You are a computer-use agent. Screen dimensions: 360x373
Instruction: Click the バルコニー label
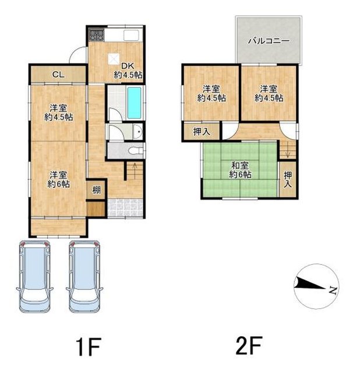(x=269, y=41)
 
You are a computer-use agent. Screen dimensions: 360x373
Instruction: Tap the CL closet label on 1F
(x=58, y=75)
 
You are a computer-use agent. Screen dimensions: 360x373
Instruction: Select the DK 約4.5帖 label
(x=128, y=71)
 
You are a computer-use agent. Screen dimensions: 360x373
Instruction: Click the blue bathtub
(x=134, y=103)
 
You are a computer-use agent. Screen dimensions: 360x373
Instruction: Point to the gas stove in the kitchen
(x=96, y=35)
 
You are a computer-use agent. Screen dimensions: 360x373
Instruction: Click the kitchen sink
(x=131, y=36)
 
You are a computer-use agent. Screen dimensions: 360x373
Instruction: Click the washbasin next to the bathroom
(x=137, y=132)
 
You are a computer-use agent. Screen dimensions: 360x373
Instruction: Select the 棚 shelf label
(x=96, y=190)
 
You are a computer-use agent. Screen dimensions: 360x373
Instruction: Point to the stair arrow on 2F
(x=288, y=149)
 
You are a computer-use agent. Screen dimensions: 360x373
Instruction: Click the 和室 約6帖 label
(x=240, y=170)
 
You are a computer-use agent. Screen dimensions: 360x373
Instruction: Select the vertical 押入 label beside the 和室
(x=288, y=180)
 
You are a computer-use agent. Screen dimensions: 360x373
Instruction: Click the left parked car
(x=35, y=276)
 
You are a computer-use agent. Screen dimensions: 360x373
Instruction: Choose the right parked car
(x=84, y=276)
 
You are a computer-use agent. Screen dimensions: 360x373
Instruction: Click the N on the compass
(x=333, y=290)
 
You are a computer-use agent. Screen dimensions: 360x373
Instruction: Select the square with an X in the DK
(x=114, y=59)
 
